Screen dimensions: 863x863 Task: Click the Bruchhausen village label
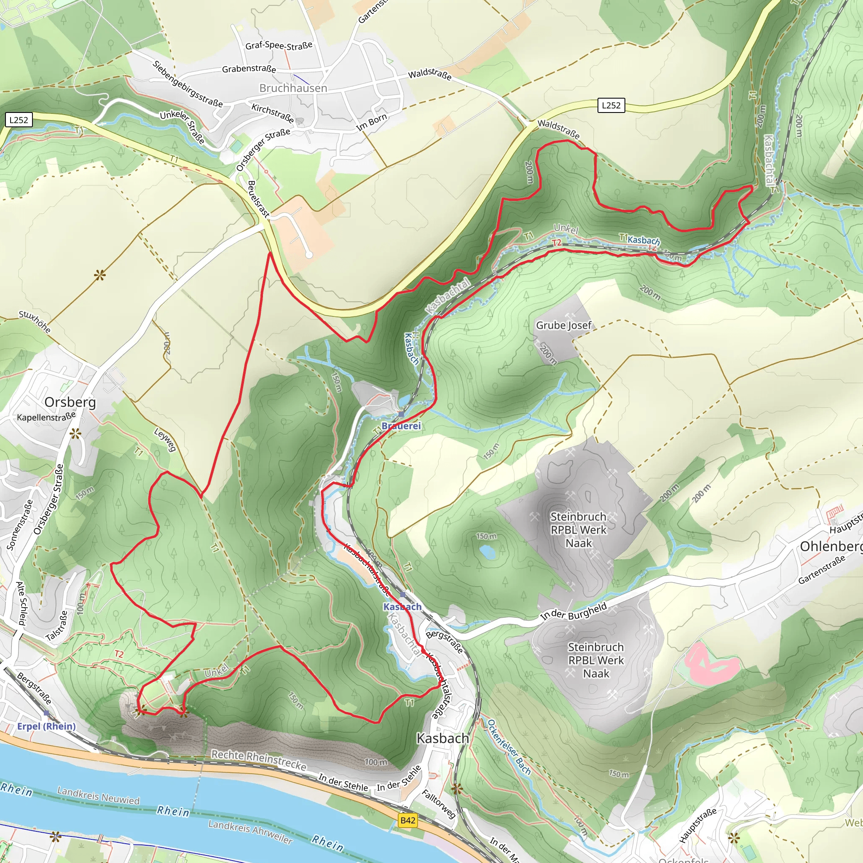click(293, 88)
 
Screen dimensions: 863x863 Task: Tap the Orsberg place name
click(70, 402)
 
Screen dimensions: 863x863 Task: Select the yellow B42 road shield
click(407, 820)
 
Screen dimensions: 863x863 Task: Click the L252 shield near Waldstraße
click(611, 105)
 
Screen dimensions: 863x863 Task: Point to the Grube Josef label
click(563, 325)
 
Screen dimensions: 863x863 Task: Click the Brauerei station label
click(401, 426)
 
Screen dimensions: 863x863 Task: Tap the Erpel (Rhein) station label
click(46, 726)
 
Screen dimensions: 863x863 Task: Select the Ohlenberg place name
click(830, 546)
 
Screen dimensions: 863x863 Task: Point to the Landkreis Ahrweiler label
click(250, 832)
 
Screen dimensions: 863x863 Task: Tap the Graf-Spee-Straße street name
click(279, 46)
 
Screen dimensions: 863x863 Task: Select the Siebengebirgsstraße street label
click(187, 84)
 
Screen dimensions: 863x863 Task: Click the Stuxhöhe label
click(35, 321)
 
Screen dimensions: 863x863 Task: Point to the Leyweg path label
click(165, 440)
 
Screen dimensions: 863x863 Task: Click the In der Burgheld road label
click(574, 611)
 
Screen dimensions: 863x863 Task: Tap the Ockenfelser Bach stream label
click(509, 747)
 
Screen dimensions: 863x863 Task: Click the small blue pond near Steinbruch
click(487, 552)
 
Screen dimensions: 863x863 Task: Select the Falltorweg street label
click(439, 804)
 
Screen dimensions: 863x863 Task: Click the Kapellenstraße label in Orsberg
click(46, 417)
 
